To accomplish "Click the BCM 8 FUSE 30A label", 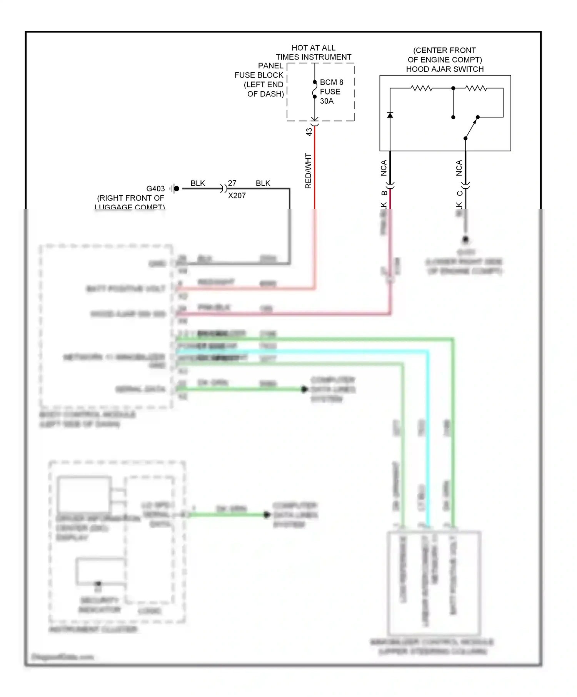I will point(331,91).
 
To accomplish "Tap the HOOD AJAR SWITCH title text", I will point(445,69).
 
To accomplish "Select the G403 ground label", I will point(155,189).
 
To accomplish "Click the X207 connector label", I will point(237,196).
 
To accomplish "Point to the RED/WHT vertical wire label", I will point(308,171).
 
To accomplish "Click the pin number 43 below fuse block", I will point(309,132).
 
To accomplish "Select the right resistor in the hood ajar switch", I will point(476,88).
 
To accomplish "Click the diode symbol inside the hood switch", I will point(390,115).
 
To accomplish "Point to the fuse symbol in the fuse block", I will point(315,90).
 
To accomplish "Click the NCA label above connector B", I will point(384,168).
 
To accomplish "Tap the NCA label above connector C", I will point(459,168).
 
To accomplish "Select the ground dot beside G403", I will point(177,188).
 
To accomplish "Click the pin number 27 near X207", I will point(232,183).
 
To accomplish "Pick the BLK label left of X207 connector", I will point(198,183).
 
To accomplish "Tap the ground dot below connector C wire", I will point(465,240).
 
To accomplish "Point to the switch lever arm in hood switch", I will point(471,128).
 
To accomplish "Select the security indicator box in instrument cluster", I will point(100,571).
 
